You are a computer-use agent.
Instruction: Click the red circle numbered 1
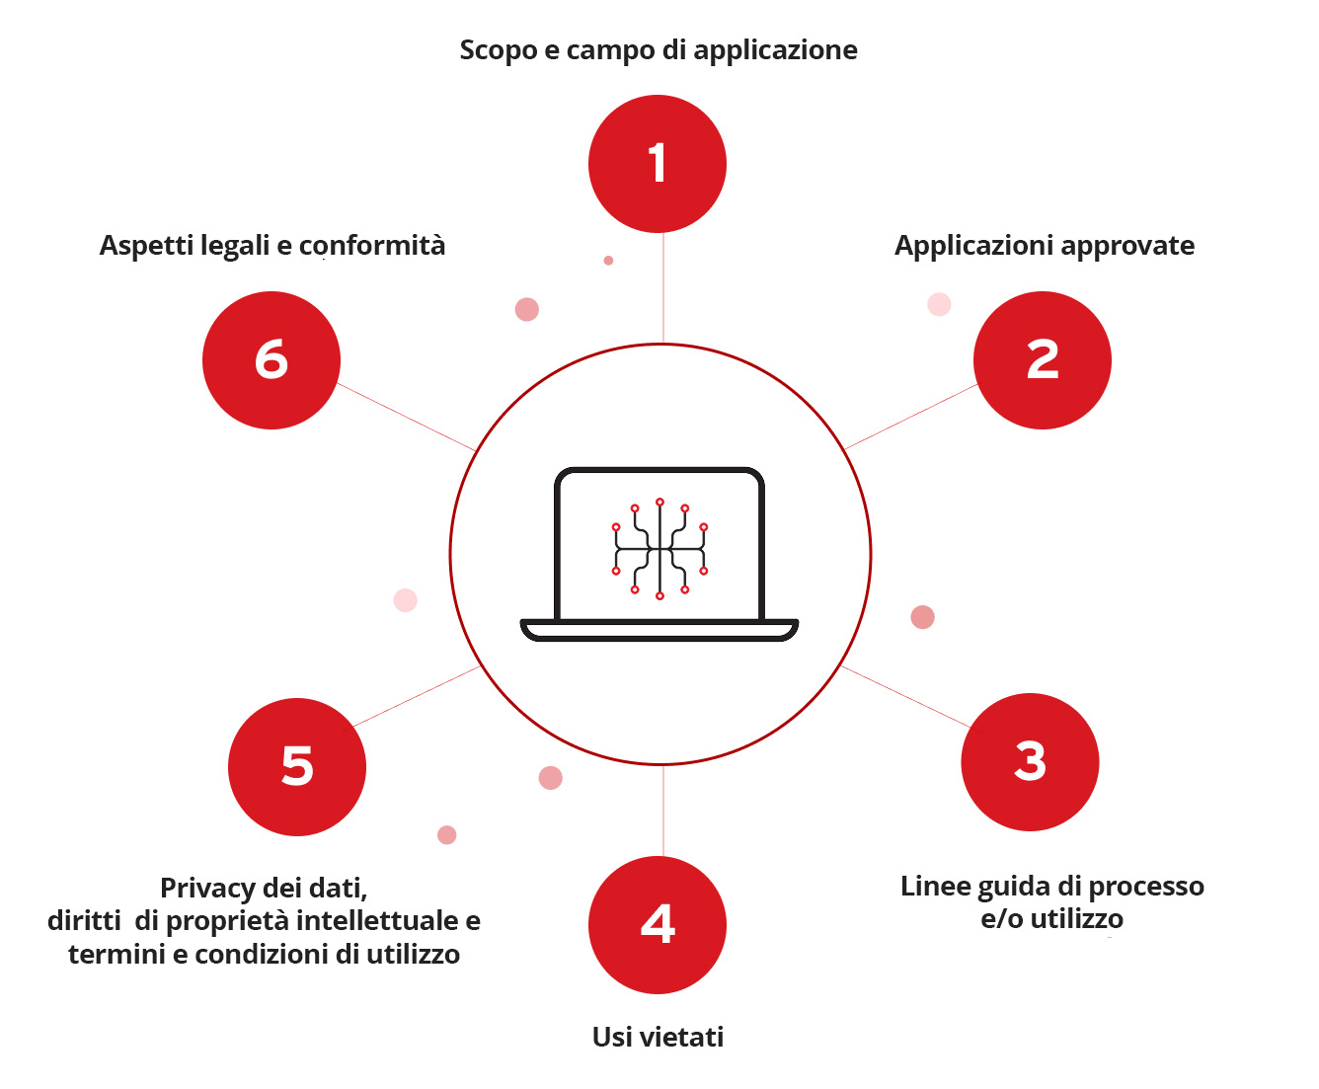658,164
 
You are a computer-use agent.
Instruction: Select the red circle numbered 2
1043,360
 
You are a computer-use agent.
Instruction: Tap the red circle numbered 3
1030,762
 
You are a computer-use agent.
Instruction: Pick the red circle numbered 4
658,925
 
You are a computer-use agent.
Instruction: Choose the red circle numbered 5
297,767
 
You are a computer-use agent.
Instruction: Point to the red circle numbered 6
272,360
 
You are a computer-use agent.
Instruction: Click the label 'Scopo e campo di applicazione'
659,50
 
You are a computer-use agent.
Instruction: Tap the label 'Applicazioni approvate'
1045,246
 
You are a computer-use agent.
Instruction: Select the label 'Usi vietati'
658,1037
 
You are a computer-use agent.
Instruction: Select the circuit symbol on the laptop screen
659,549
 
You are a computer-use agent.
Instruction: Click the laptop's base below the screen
659,629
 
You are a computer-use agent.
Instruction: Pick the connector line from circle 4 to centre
662,810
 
